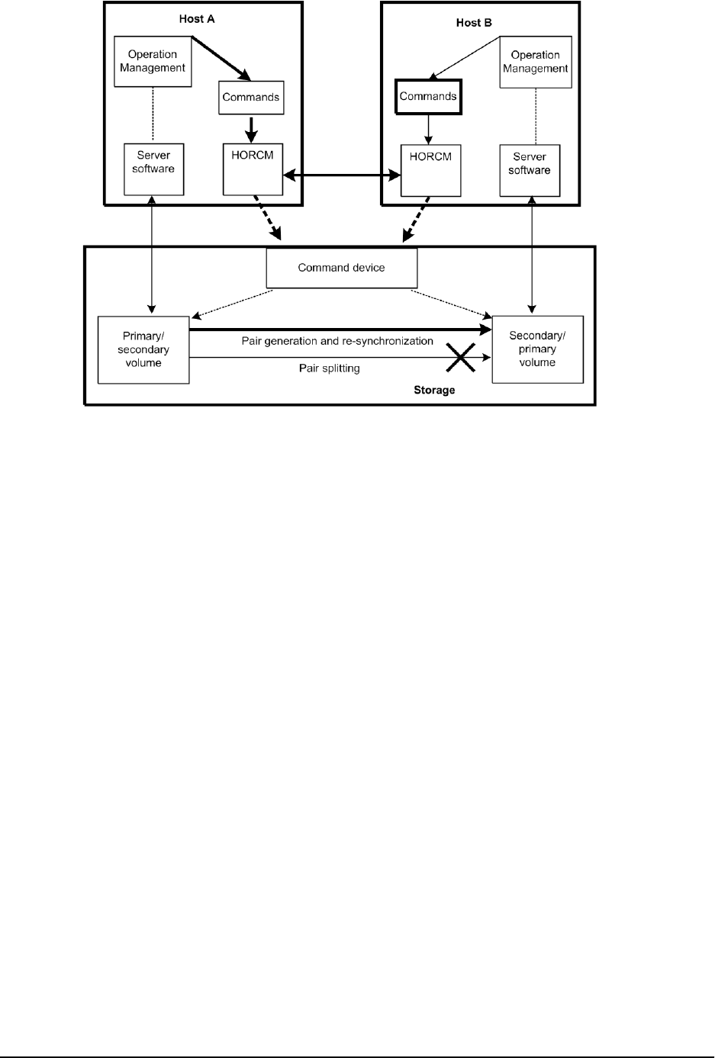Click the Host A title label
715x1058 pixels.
coord(196,18)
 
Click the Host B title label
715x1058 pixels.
coord(474,23)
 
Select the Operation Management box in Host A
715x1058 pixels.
coord(153,61)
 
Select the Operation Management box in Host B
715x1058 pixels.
coord(535,62)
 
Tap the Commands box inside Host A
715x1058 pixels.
coord(250,98)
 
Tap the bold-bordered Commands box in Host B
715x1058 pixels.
coord(428,97)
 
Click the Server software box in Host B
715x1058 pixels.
coord(530,169)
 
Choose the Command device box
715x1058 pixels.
coord(341,269)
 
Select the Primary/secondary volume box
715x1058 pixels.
coord(143,349)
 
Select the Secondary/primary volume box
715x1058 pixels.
coord(537,349)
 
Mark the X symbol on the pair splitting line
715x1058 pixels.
coord(462,357)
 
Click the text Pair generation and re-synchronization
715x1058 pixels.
coord(337,341)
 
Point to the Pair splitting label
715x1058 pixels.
coord(329,368)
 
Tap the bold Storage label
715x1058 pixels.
coord(434,390)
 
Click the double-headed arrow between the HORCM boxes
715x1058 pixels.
coord(342,176)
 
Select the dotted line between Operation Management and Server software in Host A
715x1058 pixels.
coord(153,114)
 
